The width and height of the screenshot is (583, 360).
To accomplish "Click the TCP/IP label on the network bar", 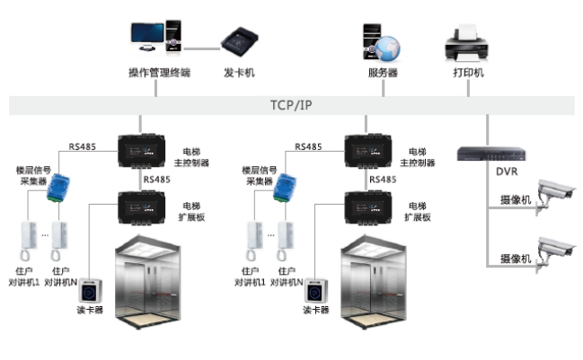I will point(292,104).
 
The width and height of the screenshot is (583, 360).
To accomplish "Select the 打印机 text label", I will point(468,73).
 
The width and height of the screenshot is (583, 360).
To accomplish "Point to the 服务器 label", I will point(383,73).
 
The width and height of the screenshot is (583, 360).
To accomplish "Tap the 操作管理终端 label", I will point(159,73).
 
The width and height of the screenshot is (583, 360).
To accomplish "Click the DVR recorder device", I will point(489,153).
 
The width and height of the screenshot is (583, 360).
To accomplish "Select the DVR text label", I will point(507,171).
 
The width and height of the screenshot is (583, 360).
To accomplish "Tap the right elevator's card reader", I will point(314,291).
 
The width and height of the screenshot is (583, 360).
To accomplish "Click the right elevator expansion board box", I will point(369,206).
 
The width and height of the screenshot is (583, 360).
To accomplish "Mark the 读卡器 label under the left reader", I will point(90,312).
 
